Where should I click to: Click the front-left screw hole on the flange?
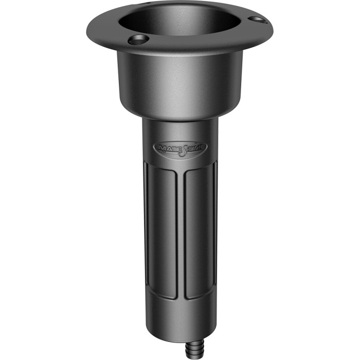(x=138, y=40)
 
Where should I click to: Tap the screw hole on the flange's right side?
(x=257, y=20)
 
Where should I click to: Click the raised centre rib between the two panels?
(x=181, y=231)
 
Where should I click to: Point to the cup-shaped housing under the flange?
(x=179, y=82)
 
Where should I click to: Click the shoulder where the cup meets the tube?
(x=179, y=117)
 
